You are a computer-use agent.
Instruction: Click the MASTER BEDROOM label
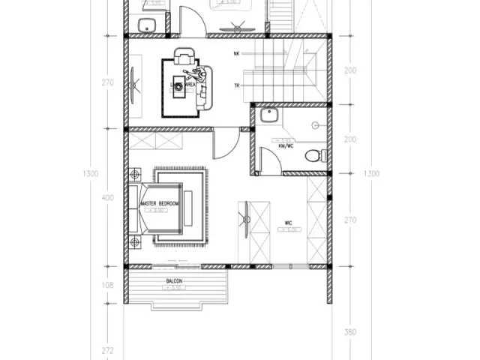pyautogui.click(x=159, y=204)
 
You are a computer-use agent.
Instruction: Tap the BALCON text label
pyautogui.click(x=175, y=282)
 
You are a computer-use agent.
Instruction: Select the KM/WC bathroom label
pyautogui.click(x=285, y=146)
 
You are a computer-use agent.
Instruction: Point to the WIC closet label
pyautogui.click(x=288, y=223)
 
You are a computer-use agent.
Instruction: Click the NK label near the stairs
pyautogui.click(x=237, y=54)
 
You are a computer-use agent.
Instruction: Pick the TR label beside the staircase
pyautogui.click(x=237, y=85)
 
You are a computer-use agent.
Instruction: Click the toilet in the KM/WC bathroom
pyautogui.click(x=314, y=156)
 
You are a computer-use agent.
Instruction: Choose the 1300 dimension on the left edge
pyautogui.click(x=91, y=174)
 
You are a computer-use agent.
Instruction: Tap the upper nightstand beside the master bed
pyautogui.click(x=135, y=175)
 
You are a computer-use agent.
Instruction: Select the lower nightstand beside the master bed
pyautogui.click(x=135, y=241)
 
